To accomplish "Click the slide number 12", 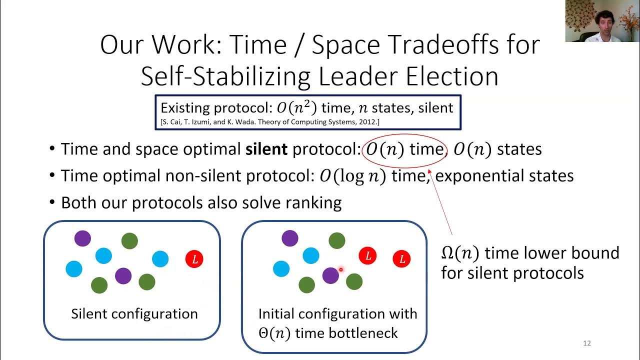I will pyautogui.click(x=587, y=343).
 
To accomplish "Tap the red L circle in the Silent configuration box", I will pyautogui.click(x=194, y=259).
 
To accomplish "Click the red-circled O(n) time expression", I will pyautogui.click(x=404, y=149).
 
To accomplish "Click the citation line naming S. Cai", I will pyautogui.click(x=270, y=122).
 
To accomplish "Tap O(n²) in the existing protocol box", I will pyautogui.click(x=297, y=108).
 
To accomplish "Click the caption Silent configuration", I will pyautogui.click(x=134, y=314).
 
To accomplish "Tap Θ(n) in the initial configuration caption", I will pyautogui.click(x=274, y=333).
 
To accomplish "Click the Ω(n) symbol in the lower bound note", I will pyautogui.click(x=460, y=253).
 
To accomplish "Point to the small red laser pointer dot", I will pyautogui.click(x=340, y=270).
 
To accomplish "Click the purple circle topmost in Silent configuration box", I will pyautogui.click(x=83, y=238).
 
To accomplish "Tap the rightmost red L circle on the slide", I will pyautogui.click(x=401, y=258).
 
